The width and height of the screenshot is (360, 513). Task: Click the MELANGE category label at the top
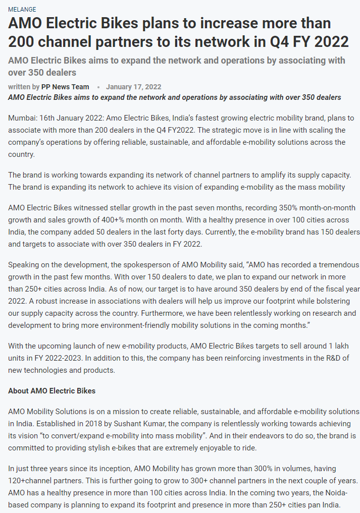pos(22,10)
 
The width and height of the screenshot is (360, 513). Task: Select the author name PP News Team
pos(65,87)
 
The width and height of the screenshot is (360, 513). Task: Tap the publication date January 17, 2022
pos(134,87)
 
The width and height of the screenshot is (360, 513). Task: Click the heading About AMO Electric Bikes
pos(52,391)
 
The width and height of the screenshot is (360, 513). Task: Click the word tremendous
pos(336,264)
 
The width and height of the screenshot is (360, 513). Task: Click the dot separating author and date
pos(98,87)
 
